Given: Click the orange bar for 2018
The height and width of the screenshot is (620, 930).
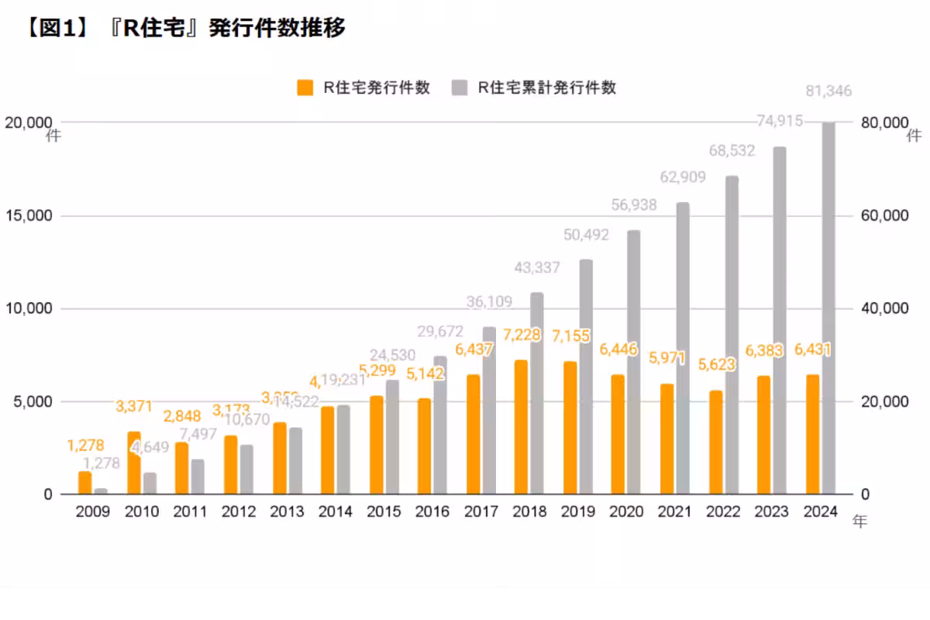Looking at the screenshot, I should [x=521, y=427].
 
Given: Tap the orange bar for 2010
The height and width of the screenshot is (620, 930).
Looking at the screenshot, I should [x=134, y=463].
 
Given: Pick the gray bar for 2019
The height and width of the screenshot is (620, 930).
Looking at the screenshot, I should [x=586, y=377].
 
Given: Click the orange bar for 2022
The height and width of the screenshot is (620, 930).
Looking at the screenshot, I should [x=715, y=443].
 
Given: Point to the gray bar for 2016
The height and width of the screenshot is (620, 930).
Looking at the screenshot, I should [x=440, y=425].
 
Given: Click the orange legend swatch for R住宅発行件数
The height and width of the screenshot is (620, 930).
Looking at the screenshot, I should [x=305, y=88].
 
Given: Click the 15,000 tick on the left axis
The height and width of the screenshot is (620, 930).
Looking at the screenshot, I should [x=29, y=215].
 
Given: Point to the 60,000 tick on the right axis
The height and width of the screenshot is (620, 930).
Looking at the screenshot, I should [x=884, y=215].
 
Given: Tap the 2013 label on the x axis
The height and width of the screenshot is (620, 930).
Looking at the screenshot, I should [x=287, y=511].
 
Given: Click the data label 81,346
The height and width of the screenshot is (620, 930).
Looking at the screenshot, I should [x=828, y=91].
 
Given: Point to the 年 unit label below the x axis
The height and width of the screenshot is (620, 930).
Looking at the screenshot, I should [x=859, y=522].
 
